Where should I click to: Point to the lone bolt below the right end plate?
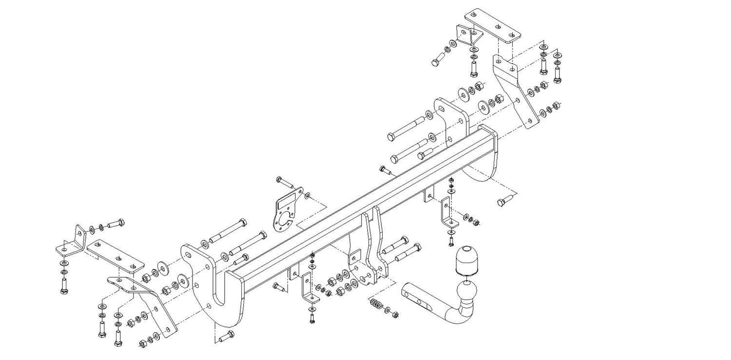[504, 200]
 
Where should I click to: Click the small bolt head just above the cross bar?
[385, 170]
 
